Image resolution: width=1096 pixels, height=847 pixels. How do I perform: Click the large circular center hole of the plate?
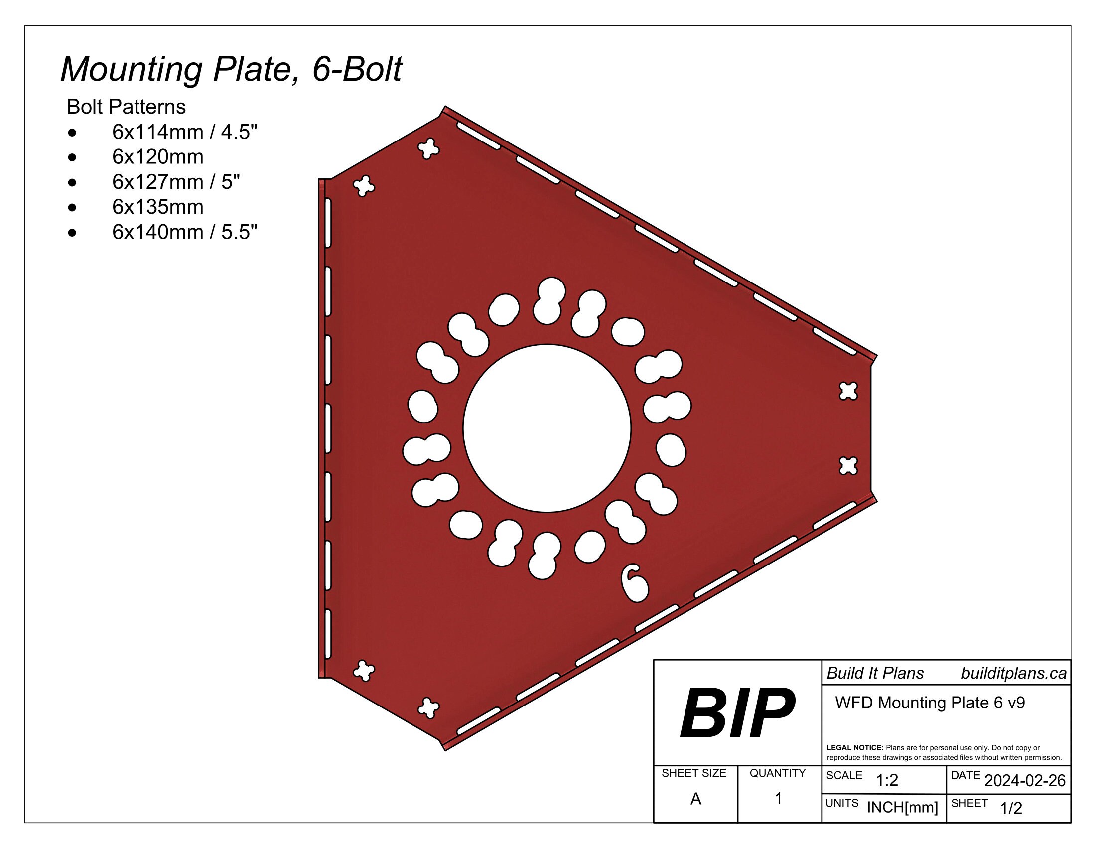pyautogui.click(x=547, y=428)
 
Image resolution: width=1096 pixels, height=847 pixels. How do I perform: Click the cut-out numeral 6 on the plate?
pyautogui.click(x=634, y=583)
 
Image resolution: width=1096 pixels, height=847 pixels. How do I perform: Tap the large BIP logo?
pyautogui.click(x=737, y=713)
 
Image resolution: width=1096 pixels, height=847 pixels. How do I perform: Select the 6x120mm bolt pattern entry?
pyautogui.click(x=157, y=157)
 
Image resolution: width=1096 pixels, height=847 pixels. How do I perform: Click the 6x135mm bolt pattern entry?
pyautogui.click(x=157, y=207)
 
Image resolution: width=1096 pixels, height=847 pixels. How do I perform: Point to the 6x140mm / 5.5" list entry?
pyautogui.click(x=184, y=232)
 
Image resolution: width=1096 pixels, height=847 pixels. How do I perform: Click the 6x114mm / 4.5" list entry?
pyautogui.click(x=184, y=132)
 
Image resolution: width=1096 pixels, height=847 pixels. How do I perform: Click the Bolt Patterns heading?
pyautogui.click(x=126, y=107)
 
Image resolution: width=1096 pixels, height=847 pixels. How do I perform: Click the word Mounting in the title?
pyautogui.click(x=131, y=69)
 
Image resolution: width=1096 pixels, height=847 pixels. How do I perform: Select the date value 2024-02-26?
pyautogui.click(x=1025, y=781)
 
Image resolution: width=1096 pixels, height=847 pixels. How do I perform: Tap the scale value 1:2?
pyautogui.click(x=887, y=780)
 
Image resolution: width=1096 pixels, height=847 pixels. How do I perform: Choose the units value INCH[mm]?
pyautogui.click(x=902, y=807)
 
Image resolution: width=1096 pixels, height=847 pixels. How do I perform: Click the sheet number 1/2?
pyautogui.click(x=1011, y=808)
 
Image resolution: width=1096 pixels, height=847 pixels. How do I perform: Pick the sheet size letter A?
pyautogui.click(x=695, y=799)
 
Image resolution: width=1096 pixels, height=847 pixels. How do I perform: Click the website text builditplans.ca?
pyautogui.click(x=1014, y=674)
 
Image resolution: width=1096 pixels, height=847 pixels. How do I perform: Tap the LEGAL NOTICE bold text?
pyautogui.click(x=854, y=748)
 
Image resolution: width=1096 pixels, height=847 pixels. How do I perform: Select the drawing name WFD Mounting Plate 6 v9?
pyautogui.click(x=930, y=703)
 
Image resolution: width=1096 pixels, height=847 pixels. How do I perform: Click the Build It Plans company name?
pyautogui.click(x=875, y=674)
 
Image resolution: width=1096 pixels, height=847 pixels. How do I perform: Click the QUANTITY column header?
pyautogui.click(x=777, y=773)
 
